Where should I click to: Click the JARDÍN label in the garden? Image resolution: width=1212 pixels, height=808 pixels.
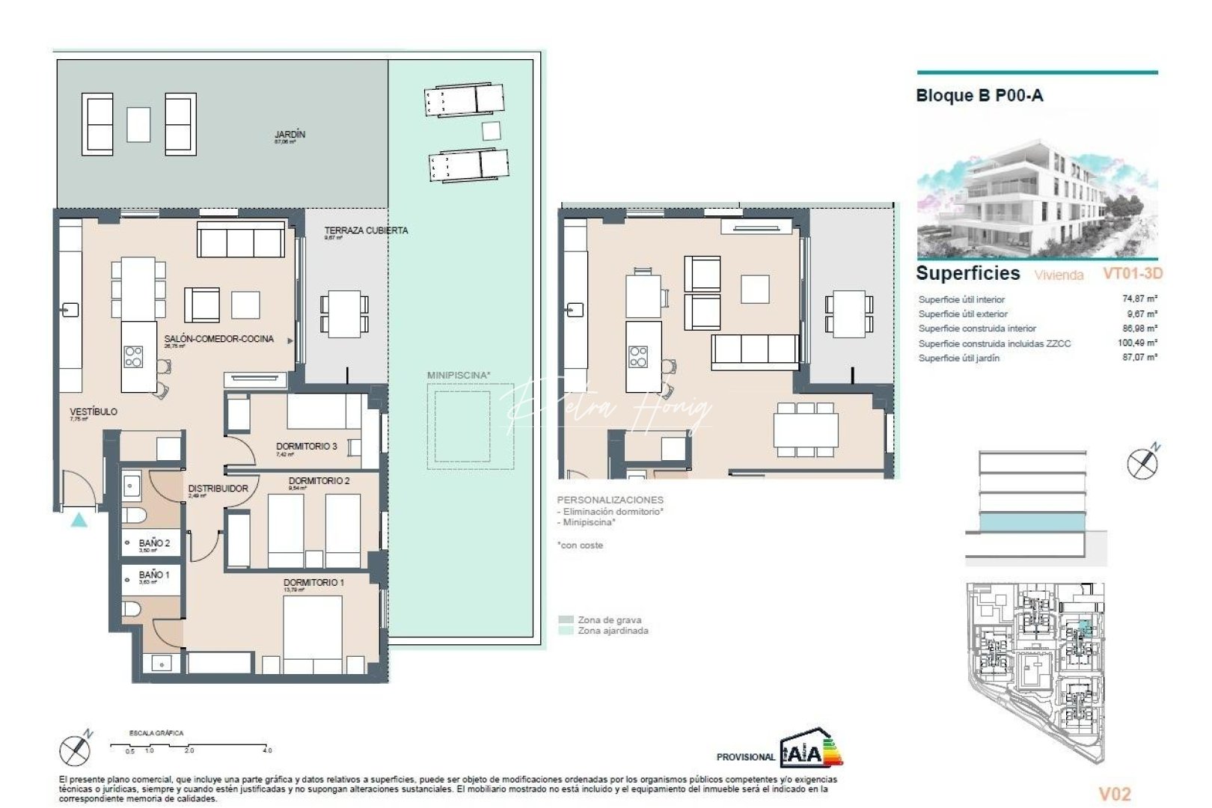point(290,135)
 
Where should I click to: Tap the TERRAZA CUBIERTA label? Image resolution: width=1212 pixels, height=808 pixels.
point(366,230)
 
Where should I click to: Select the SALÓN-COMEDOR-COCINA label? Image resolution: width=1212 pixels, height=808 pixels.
point(219,339)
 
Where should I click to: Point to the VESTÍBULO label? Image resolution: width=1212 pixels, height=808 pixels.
point(94,412)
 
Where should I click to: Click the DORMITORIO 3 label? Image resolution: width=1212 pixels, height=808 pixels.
point(306,447)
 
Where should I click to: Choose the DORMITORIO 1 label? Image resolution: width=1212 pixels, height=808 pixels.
point(313,583)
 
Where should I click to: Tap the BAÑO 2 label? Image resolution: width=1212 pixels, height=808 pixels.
point(154,544)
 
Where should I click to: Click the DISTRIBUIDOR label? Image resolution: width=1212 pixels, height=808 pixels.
point(218,489)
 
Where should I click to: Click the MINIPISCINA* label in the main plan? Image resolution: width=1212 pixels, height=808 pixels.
point(459,376)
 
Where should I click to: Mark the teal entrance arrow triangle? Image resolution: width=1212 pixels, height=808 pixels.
point(79,520)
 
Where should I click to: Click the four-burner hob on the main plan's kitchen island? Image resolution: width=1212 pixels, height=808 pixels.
point(133,357)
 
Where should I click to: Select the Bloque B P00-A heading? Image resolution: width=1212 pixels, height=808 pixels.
point(979,96)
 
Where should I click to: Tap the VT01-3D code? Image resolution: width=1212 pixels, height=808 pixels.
point(1132,274)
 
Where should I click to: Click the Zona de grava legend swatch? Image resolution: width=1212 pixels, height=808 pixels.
point(566,620)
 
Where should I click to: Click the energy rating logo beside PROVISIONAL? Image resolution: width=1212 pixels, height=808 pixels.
point(811,750)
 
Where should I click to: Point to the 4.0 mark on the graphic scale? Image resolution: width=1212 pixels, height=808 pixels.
point(267,750)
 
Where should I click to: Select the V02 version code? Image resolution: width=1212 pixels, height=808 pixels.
point(1114,794)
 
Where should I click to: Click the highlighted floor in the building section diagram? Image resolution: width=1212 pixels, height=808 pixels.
point(1032,522)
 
